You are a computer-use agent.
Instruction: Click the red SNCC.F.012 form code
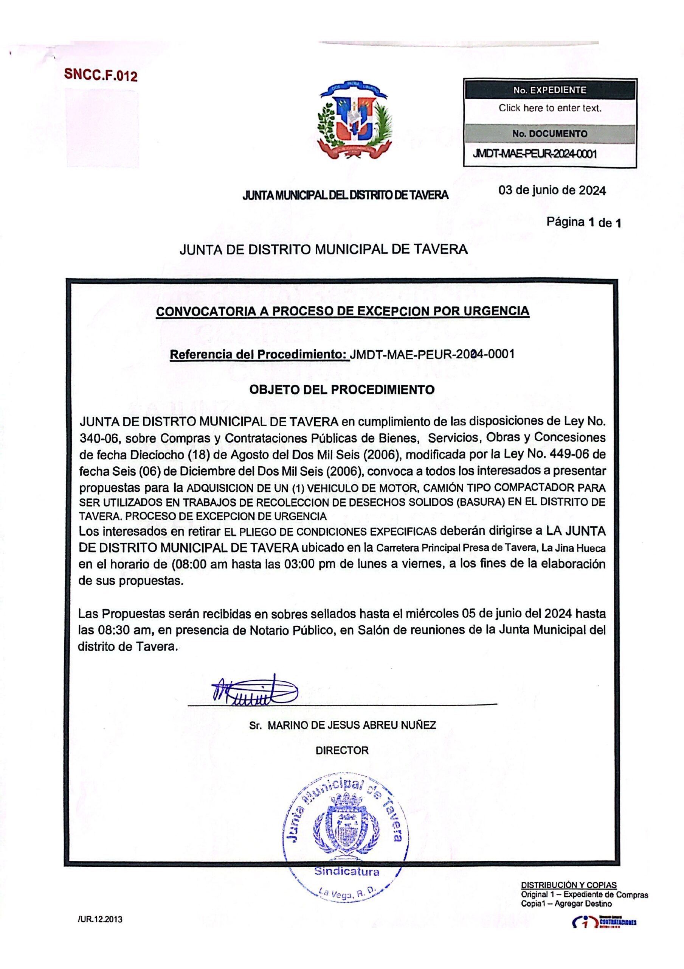click(x=101, y=75)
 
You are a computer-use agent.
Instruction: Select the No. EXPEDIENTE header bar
click(x=549, y=90)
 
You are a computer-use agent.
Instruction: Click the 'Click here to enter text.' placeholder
click(x=550, y=107)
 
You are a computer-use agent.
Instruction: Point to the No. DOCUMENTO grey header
click(x=549, y=134)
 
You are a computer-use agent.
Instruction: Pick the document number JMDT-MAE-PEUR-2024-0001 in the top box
click(x=535, y=154)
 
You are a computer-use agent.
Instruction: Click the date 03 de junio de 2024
click(x=552, y=190)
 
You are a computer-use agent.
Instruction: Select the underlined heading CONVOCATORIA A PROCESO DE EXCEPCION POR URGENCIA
click(x=343, y=312)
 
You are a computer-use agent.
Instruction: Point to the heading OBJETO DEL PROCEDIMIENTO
click(x=342, y=389)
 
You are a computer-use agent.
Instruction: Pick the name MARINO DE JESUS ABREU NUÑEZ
click(x=352, y=726)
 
